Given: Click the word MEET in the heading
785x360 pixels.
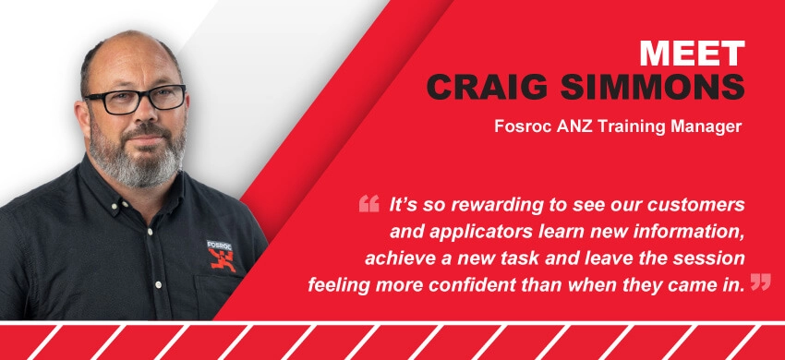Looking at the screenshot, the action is pos(693,54).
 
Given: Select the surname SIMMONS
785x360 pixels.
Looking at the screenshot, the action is pos(653,87).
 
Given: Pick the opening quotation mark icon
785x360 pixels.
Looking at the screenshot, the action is pos(369,204).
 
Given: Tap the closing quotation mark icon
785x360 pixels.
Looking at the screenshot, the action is pos(760,282).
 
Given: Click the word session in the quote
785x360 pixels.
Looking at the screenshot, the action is pos(714,259).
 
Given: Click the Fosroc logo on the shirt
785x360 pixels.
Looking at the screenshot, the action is pos(220,256).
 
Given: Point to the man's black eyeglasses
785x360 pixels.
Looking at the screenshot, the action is pos(136,98).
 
